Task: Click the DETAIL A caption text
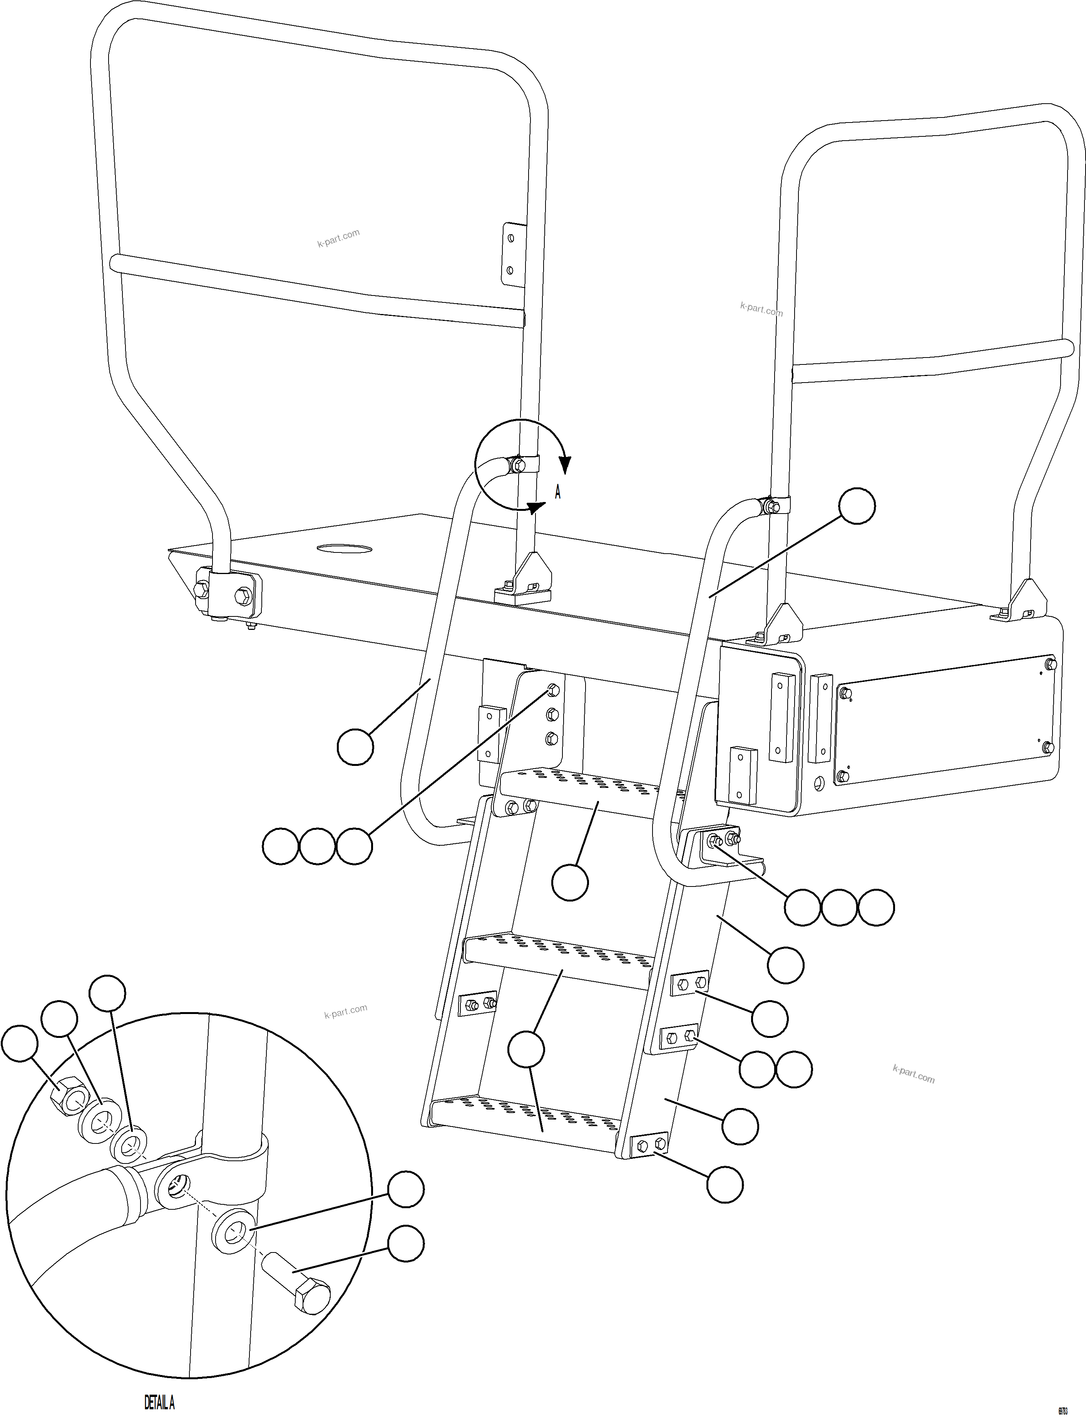pos(159,1398)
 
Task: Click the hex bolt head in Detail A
pos(311,1299)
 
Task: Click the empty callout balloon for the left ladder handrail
pos(356,747)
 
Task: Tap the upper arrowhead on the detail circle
pos(566,464)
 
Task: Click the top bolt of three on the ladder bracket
pos(553,691)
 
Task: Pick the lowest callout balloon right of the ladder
pos(725,1185)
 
